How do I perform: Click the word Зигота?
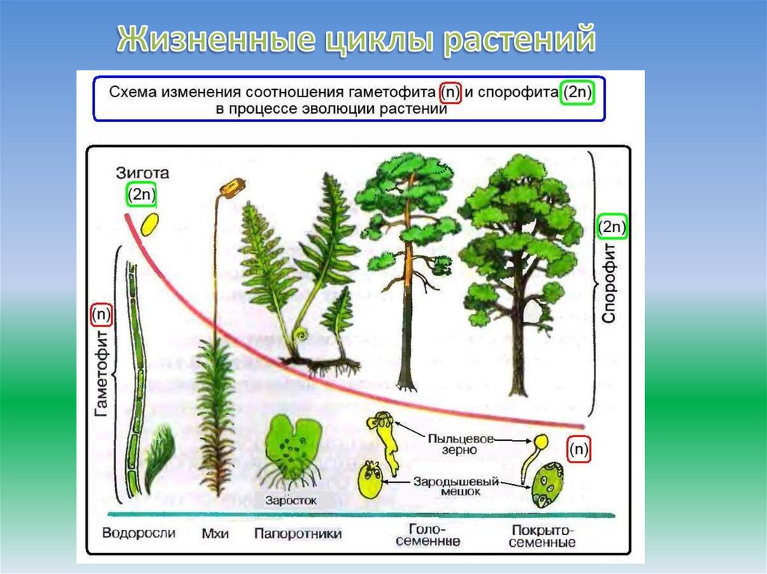(x=142, y=172)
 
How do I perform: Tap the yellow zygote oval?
(x=150, y=223)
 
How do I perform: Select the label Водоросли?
(x=139, y=533)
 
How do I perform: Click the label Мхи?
(x=215, y=534)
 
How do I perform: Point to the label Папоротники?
(x=297, y=534)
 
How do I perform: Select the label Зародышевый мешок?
(x=456, y=486)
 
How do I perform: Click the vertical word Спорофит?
(x=609, y=281)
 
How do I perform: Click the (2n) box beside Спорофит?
(x=613, y=226)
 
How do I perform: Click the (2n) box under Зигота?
(x=142, y=195)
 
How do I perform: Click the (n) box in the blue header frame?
(x=450, y=92)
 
